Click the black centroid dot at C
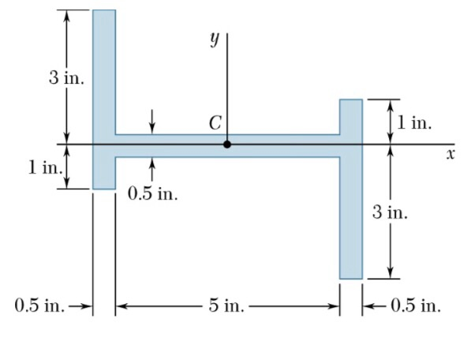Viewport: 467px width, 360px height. point(227,144)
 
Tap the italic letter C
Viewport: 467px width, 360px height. point(215,123)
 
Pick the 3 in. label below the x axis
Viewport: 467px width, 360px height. point(390,212)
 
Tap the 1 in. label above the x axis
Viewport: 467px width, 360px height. point(413,122)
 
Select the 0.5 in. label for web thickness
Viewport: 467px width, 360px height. point(153,194)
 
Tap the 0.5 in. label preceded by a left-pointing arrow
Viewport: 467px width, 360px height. point(414,306)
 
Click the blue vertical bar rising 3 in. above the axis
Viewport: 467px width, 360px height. point(104,71)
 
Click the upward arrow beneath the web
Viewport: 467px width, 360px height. point(152,168)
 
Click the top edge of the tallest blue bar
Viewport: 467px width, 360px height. point(104,10)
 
